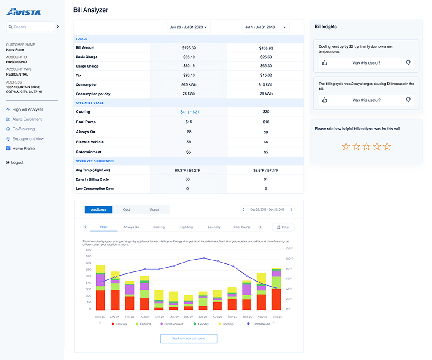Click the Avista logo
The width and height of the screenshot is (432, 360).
pyautogui.click(x=24, y=11)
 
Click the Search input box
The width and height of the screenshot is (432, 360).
pyautogui.click(x=30, y=27)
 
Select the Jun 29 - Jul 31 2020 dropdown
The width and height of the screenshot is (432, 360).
pyautogui.click(x=189, y=27)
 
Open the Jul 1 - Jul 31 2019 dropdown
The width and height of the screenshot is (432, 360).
pyautogui.click(x=266, y=27)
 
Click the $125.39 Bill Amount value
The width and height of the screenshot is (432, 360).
pyautogui.click(x=189, y=48)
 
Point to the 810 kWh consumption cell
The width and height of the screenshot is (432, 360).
pyautogui.click(x=266, y=85)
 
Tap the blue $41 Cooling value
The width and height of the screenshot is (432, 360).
pyautogui.click(x=190, y=112)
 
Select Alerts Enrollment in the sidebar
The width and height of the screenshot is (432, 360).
pyautogui.click(x=27, y=119)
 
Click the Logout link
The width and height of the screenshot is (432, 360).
pyautogui.click(x=17, y=162)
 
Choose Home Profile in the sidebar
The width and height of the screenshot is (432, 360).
pyautogui.click(x=23, y=149)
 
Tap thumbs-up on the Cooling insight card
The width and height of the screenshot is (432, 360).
pyautogui.click(x=324, y=63)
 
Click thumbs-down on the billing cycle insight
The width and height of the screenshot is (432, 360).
pyautogui.click(x=408, y=100)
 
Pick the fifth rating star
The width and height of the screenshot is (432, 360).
pyautogui.click(x=387, y=146)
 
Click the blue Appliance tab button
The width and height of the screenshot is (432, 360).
pyautogui.click(x=98, y=210)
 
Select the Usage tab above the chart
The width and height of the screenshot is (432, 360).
pyautogui.click(x=154, y=210)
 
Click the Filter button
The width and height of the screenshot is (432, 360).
pyautogui.click(x=283, y=227)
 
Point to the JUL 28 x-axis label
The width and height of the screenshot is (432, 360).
pyautogui.click(x=203, y=317)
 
